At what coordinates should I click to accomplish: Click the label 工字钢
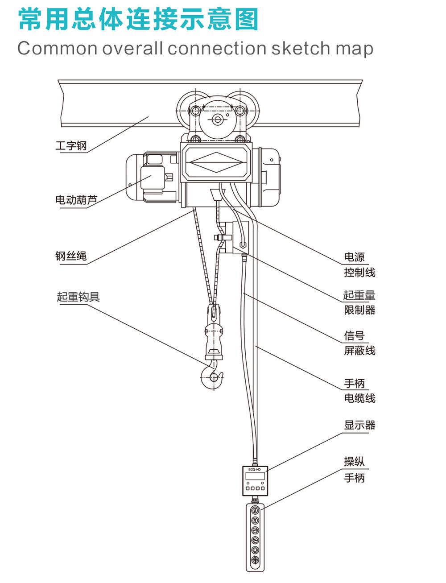coord(71,146)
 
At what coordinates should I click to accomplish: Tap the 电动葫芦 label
coord(76,200)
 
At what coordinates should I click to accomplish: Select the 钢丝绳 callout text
coord(71,256)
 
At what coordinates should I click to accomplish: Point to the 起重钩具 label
coord(78,297)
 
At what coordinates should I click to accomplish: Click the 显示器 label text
coord(359,425)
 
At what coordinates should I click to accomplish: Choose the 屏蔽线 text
coord(359,351)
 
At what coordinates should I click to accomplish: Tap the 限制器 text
coord(359,310)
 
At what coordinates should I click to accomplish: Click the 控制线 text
coord(359,272)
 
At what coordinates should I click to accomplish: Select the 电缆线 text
coord(359,398)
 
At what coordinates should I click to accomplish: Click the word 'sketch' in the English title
coord(297,48)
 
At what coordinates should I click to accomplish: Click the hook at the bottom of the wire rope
coord(213,375)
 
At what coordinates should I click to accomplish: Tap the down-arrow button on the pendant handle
coord(255,521)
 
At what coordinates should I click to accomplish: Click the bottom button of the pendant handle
coord(255,560)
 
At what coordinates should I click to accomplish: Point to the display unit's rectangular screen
coord(255,476)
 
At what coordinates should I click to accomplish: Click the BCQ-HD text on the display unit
coord(255,469)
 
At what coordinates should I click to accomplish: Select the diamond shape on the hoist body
coord(217,162)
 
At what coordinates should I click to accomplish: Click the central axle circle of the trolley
coord(217,120)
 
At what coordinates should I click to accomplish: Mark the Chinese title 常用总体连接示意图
coord(139,20)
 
